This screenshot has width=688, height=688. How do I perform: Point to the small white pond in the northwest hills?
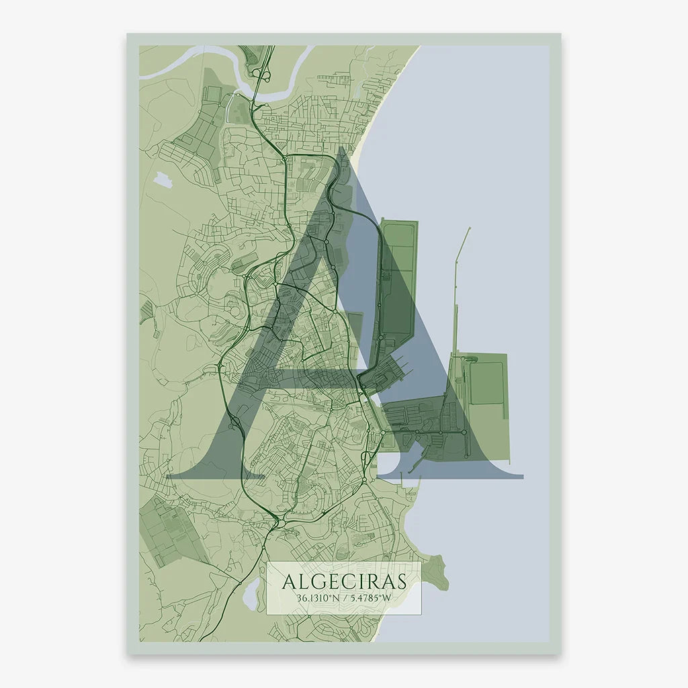[163, 179]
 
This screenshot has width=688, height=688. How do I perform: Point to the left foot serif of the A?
[202, 473]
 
